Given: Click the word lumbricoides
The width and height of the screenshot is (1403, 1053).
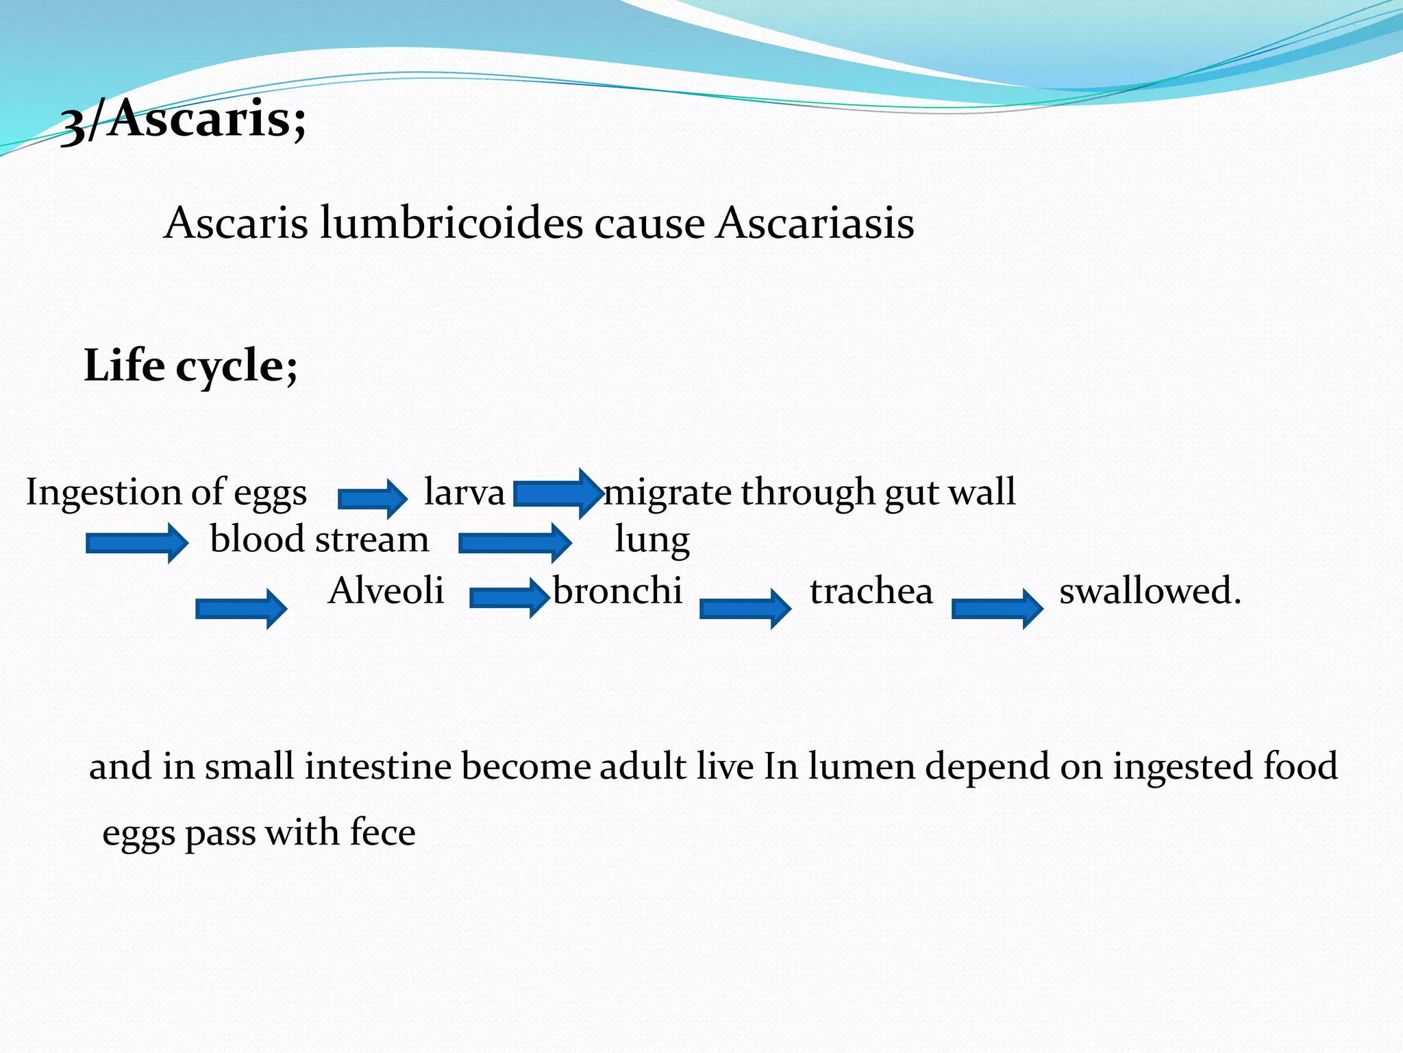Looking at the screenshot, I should pos(451,223).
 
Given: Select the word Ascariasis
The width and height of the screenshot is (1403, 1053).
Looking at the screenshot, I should pos(815,223).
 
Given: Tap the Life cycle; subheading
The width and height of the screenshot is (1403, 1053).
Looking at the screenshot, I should pos(190,365).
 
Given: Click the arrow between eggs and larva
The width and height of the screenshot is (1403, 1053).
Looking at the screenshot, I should pos(373,497).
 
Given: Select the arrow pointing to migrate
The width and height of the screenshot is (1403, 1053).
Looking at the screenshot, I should pos(557,493).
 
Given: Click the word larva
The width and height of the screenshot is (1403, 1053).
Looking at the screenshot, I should pos(464,492).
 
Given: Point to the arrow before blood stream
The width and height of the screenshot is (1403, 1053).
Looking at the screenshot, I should pos(136,543).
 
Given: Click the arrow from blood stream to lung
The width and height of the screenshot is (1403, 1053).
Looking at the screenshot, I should pos(514,543).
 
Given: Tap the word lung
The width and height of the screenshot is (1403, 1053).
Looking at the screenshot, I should pos(651,540).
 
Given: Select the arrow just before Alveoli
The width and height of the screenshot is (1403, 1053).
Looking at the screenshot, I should pos(241,608).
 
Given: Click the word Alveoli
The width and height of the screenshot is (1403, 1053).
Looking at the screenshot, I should pos(386,590).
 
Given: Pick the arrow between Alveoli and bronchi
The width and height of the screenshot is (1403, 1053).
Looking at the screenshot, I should pos(509,597).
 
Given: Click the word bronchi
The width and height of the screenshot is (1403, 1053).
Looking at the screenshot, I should pos(617,590).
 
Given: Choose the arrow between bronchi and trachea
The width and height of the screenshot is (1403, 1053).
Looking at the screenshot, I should pos(745,608).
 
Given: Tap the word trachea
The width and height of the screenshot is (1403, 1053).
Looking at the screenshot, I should pos(871,591).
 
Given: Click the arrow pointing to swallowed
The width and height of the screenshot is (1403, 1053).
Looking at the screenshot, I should pos(997,608).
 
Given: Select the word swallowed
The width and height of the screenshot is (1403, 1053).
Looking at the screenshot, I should pos(1150,590).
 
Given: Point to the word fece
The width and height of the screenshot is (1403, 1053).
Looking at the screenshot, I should pos(382,833).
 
